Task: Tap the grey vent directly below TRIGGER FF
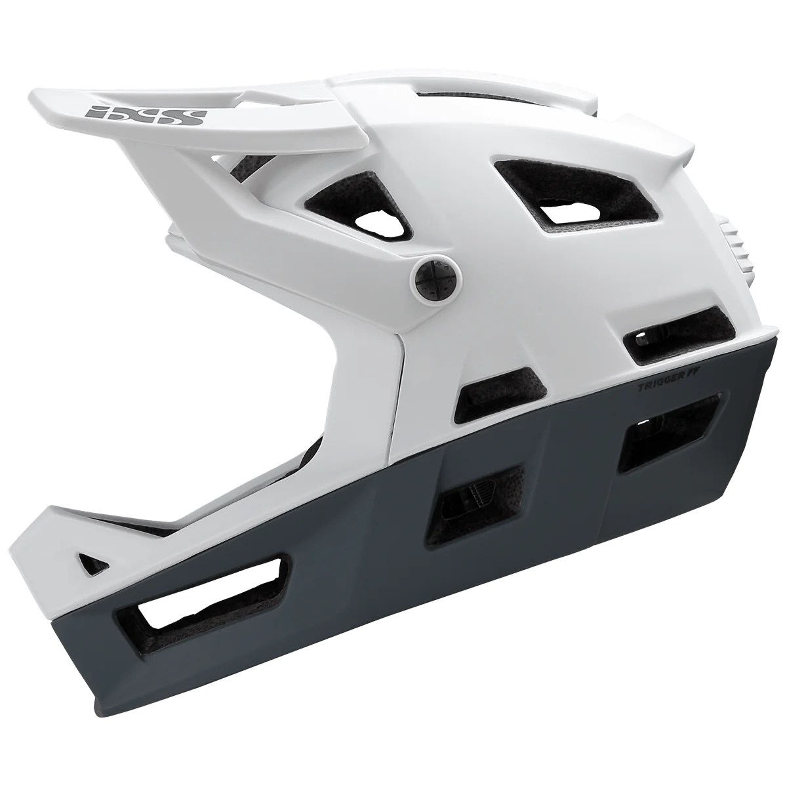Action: [669, 430]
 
